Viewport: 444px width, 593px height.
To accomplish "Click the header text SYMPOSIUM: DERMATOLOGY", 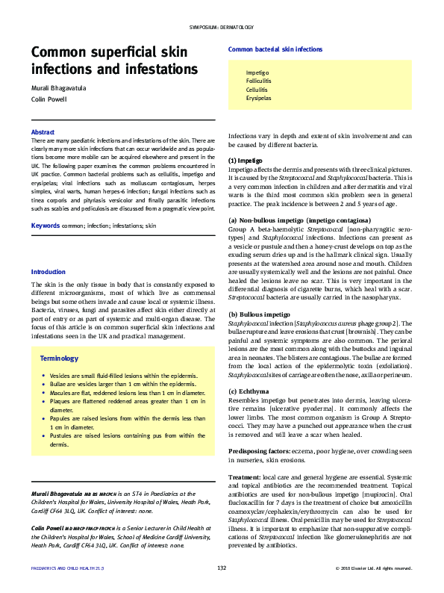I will point(222,28).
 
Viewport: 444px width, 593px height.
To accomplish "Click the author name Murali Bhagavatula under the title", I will point(58,88).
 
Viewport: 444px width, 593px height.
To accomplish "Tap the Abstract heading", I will point(43,131).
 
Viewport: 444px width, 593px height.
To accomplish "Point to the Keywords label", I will point(46,225).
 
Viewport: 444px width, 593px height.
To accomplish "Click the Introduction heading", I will point(49,272).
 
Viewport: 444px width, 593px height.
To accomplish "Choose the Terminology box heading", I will point(58,358).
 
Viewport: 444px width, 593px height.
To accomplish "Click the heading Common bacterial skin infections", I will point(275,49).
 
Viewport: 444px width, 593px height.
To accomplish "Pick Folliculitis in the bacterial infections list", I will point(259,81).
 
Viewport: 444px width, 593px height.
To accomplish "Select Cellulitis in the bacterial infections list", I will point(257,90).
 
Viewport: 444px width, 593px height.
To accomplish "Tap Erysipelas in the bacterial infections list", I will point(259,98).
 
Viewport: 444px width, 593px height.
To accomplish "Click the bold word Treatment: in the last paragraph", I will point(244,476).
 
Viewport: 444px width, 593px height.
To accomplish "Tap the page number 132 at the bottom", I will point(222,569).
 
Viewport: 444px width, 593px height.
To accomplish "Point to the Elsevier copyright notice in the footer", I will point(374,569).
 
